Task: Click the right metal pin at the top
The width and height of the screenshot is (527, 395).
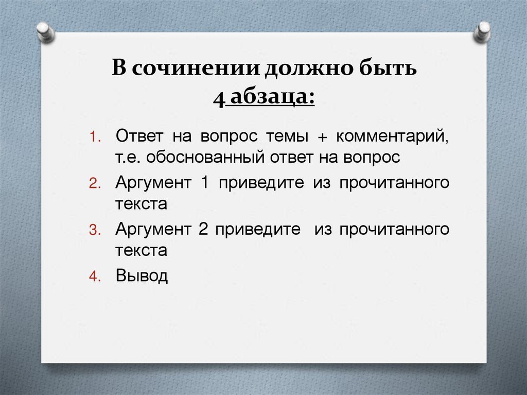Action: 483,31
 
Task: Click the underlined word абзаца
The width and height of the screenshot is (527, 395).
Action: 269,96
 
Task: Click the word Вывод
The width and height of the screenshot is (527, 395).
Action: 142,276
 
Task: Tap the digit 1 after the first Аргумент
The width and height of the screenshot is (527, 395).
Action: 204,183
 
